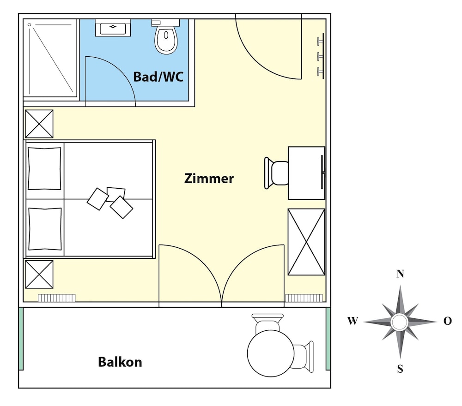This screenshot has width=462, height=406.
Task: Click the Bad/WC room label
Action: coord(158,77)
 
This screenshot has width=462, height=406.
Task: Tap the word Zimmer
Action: coord(209,179)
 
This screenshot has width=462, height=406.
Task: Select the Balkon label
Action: coord(120,362)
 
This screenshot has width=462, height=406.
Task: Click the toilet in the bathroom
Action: coord(166,37)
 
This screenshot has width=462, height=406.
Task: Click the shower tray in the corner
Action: coord(50,58)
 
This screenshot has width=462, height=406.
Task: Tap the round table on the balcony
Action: coord(270,353)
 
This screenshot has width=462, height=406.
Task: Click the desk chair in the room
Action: coord(276,173)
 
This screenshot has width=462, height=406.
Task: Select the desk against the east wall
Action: coord(306,173)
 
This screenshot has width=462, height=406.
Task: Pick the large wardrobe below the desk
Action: coord(306,242)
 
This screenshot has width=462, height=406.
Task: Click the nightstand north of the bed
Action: coord(39,124)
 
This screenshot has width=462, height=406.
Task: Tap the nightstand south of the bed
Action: coord(39,275)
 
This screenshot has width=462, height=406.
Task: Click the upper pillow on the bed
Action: coord(44,168)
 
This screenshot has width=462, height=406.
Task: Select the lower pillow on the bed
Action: coord(45,229)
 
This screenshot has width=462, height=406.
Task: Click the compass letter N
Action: coord(400,274)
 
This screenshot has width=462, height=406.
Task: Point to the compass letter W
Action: coord(353,321)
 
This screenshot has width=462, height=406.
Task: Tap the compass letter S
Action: coord(400,369)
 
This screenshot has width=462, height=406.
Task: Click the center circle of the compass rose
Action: coord(399,322)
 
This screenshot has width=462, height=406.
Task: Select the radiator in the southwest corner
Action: coord(56,298)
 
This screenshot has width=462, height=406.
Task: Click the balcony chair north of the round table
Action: coord(267,322)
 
